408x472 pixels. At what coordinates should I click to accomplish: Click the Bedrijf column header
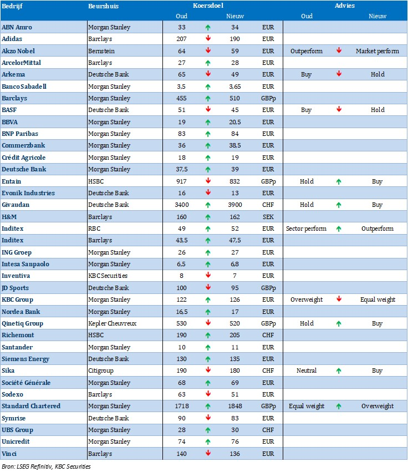12,6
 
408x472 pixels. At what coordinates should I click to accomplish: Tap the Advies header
345,6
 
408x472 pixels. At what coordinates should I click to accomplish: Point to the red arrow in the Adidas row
207,39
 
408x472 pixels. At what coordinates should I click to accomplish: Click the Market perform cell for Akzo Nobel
377,51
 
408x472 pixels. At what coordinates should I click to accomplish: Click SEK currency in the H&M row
268,217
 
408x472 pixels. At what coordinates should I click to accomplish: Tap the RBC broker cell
95,229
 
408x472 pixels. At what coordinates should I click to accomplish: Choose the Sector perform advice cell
306,229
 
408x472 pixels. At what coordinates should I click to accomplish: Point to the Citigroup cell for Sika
101,371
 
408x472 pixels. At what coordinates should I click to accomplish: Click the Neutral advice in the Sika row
307,371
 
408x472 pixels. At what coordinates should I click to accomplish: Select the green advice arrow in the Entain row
338,181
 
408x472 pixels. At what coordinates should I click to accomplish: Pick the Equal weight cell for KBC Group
377,300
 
